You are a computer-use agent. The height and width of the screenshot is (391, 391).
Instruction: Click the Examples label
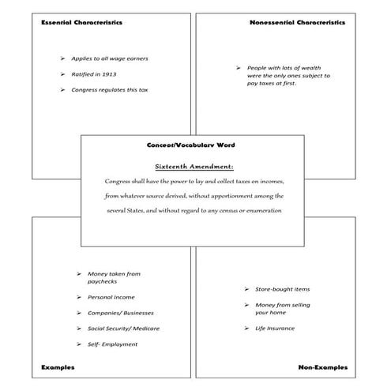point(58,367)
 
